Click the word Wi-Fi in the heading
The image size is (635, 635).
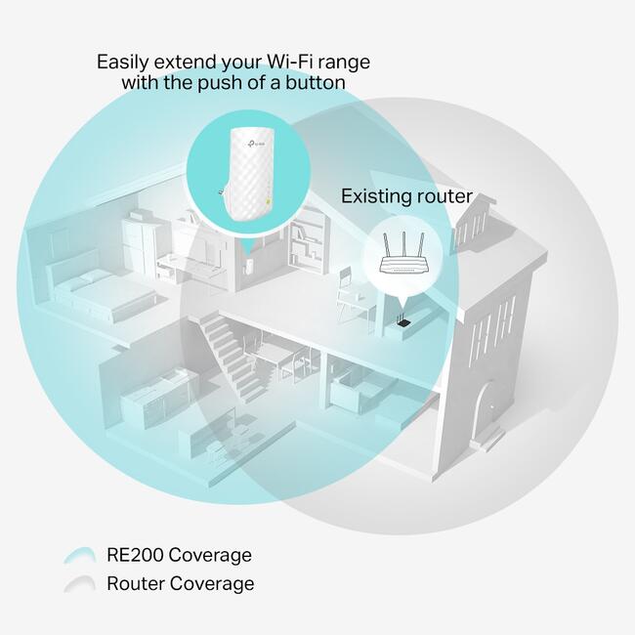point(289,62)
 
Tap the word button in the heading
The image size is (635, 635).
point(316,83)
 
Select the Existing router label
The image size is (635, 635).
point(406,196)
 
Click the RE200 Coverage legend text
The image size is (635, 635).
point(179,555)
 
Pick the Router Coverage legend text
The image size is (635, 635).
point(181,583)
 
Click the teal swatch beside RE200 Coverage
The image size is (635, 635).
point(80,555)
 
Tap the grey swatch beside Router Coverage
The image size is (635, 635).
point(80,583)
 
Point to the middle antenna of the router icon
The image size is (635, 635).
point(403,245)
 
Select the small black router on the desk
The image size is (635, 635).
point(403,321)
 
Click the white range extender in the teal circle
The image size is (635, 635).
point(248,174)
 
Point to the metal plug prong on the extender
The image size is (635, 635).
point(221,191)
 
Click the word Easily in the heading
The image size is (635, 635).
point(123,62)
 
